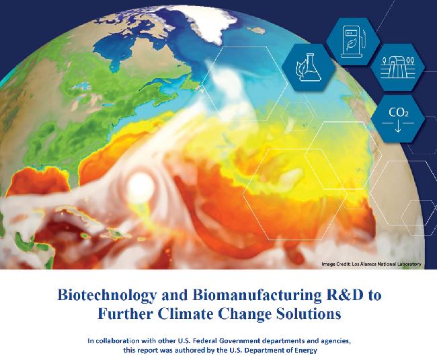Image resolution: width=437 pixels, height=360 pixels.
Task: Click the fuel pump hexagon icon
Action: point(353,42)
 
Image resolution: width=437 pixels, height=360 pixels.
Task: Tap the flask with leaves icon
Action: point(308,67)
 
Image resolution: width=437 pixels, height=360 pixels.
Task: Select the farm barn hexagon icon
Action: point(398,67)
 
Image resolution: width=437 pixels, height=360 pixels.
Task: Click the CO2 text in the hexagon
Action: point(398,112)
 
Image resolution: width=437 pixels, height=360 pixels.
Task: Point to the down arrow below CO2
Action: point(398,127)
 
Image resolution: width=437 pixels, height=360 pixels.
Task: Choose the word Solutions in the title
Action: point(309,314)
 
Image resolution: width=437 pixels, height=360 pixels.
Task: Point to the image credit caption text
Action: point(371,264)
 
